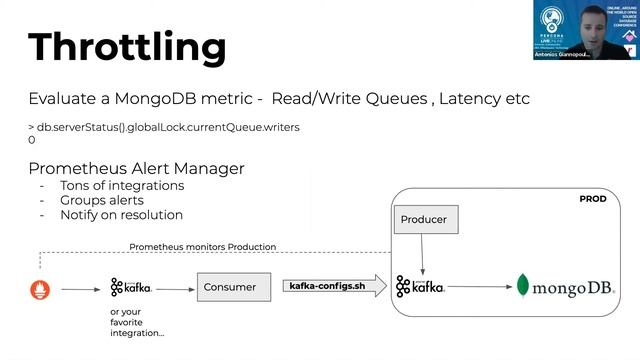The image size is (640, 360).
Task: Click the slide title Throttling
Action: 126,47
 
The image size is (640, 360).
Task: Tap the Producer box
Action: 423,219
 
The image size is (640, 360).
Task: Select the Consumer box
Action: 229,287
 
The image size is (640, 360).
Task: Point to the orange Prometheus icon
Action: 40,289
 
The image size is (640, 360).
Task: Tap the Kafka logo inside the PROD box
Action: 420,287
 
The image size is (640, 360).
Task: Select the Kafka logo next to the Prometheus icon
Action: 131,287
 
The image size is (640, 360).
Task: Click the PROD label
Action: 593,199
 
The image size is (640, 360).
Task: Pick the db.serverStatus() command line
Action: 163,128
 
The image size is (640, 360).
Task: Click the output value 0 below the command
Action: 32,141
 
